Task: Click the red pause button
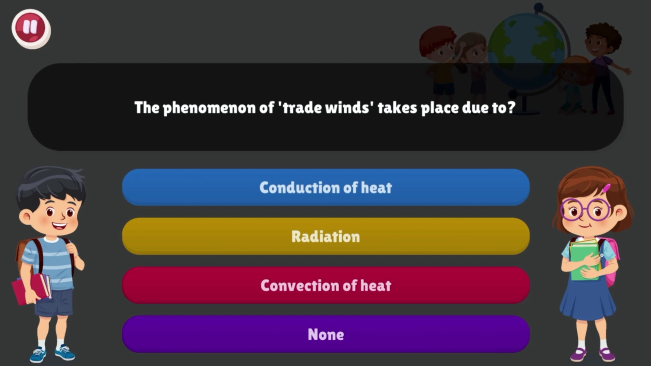point(31,28)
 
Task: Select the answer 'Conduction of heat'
point(326,187)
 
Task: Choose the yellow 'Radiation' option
point(326,236)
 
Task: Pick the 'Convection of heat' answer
point(326,285)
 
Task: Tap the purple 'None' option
point(326,334)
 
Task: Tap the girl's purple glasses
point(585,210)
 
